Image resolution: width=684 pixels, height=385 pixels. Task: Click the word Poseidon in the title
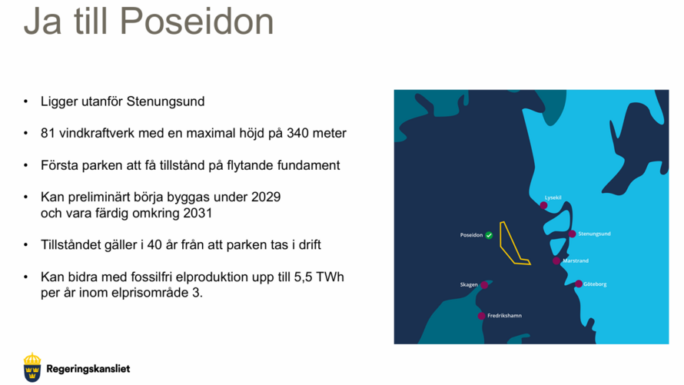[197, 21]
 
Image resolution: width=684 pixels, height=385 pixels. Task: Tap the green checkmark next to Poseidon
[489, 235]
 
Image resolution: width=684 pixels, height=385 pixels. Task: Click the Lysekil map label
[553, 197]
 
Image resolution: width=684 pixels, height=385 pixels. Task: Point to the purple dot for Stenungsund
[572, 234]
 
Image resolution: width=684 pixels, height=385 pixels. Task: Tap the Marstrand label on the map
[576, 261]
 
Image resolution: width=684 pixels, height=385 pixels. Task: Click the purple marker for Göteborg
[579, 284]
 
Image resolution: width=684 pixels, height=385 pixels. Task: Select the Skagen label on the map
[469, 285]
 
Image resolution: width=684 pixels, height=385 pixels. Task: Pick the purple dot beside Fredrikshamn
[481, 316]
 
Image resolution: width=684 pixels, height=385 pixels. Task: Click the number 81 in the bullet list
[48, 133]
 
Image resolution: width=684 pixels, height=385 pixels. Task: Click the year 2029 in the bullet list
[266, 197]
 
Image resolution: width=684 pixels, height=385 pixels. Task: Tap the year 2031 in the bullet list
[198, 213]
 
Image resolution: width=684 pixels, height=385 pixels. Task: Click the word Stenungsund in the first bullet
[165, 101]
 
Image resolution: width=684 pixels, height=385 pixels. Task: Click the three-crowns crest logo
[32, 367]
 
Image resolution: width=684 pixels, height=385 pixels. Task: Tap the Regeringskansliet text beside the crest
[88, 369]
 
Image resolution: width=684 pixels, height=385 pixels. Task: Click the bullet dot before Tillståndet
[25, 244]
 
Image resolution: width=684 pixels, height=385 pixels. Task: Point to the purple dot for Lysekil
[543, 205]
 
